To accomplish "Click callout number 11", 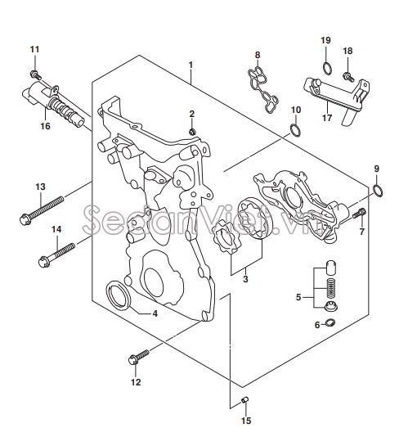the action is (x=35, y=50).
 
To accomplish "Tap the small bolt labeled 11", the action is (x=35, y=74).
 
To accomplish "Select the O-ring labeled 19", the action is (x=327, y=68).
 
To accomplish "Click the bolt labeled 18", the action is (x=348, y=76).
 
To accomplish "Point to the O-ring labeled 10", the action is (x=295, y=130).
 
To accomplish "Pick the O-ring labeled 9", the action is (x=378, y=191).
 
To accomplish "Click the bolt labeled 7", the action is (x=359, y=214).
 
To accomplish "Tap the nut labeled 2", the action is (x=191, y=132).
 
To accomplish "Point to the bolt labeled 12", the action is (x=138, y=357).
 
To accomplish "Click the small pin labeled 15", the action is (x=244, y=400).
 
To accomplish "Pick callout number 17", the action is (x=327, y=118).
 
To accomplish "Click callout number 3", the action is (x=245, y=279).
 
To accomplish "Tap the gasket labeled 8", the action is (x=262, y=91).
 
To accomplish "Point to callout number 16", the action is (x=45, y=126).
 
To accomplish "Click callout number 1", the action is (x=191, y=65).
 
